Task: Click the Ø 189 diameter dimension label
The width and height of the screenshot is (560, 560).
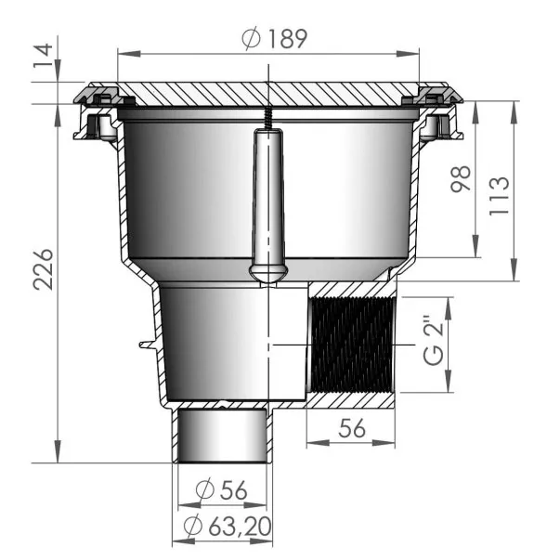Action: pyautogui.click(x=274, y=38)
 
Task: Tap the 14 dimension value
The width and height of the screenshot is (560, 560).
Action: pyautogui.click(x=44, y=56)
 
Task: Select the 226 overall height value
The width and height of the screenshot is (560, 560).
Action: pyautogui.click(x=44, y=269)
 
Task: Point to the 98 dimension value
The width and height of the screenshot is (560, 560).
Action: pyautogui.click(x=461, y=178)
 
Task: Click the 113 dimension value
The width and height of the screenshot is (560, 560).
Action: pyautogui.click(x=499, y=196)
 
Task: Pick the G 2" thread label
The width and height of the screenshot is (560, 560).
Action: pyautogui.click(x=434, y=344)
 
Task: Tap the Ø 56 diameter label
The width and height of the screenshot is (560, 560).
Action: pyautogui.click(x=221, y=489)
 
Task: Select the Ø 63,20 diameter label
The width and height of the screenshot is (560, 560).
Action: pyautogui.click(x=228, y=526)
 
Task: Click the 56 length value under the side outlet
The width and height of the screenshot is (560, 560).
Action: pyautogui.click(x=352, y=428)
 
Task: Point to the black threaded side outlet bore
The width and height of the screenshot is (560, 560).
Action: pyautogui.click(x=352, y=345)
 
